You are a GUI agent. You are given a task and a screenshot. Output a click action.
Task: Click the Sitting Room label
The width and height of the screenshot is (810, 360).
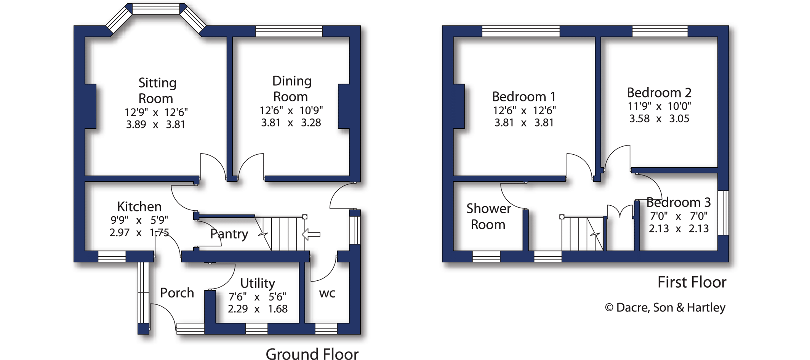click(x=157, y=91)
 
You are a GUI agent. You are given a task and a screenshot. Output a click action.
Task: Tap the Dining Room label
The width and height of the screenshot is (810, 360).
click(x=291, y=89)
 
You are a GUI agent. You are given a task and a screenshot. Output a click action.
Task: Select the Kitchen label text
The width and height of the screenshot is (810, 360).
click(x=139, y=206)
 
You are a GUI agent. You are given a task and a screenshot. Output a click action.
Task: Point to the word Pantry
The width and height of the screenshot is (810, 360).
click(x=229, y=234)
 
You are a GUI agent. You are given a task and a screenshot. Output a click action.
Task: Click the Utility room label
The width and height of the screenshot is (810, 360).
click(x=258, y=283)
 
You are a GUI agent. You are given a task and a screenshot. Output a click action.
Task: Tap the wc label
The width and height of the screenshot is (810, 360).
click(x=327, y=293)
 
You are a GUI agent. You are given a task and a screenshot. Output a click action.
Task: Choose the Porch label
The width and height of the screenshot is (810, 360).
click(x=177, y=293)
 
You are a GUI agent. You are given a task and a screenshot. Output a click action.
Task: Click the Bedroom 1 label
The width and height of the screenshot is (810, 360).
click(x=523, y=96)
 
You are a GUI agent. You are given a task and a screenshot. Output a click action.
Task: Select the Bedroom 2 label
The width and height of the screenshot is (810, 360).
click(x=659, y=93)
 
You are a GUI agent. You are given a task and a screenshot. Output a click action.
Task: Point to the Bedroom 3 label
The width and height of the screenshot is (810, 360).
click(x=678, y=202)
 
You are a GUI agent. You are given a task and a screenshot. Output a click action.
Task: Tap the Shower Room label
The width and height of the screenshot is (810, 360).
click(x=488, y=216)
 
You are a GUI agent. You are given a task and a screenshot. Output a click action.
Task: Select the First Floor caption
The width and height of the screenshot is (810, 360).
click(x=692, y=282)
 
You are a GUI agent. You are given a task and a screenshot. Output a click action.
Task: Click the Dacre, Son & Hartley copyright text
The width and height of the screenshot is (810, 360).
click(x=665, y=307)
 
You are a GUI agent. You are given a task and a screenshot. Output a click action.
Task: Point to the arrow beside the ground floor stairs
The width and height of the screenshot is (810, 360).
click(x=311, y=234)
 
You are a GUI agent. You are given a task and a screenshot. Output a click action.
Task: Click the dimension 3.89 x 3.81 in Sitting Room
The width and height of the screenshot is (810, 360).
click(x=155, y=125)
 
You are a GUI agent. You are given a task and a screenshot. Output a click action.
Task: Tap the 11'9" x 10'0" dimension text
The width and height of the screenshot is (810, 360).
click(x=659, y=106)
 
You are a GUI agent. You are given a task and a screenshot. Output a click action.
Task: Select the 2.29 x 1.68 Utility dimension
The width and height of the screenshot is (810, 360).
click(x=258, y=309)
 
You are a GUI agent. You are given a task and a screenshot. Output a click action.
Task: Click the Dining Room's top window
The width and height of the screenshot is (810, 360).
click(x=289, y=31)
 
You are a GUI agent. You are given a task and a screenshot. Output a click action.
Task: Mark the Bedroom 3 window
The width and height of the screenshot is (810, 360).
click(x=723, y=213)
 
